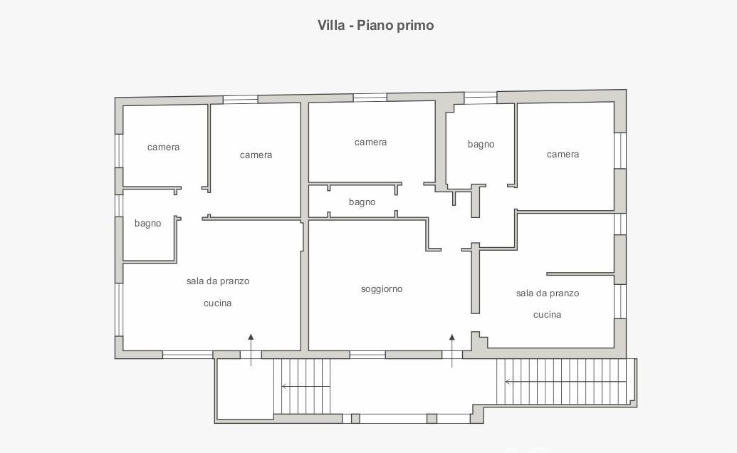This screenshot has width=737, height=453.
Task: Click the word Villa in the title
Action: coord(331,25)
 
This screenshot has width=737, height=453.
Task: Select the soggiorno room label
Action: coord(382,289)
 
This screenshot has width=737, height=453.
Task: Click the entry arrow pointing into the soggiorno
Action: coord(452,350)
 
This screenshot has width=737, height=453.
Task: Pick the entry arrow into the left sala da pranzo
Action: coord(251,350)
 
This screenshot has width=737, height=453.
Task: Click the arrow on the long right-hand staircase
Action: coord(566,382)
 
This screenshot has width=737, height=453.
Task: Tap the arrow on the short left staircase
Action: coord(305,386)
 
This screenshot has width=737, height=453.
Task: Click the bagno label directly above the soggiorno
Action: coord(362,202)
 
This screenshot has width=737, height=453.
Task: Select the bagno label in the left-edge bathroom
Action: coord(147,223)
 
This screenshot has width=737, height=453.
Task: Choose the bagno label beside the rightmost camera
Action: coord(481,145)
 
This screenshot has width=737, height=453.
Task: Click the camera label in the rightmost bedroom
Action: coord(563,154)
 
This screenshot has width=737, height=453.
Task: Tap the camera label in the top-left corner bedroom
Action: coord(163,147)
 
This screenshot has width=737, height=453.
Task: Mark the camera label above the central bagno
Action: coord(370,142)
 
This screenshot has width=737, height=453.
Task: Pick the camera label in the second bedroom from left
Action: coord(256,155)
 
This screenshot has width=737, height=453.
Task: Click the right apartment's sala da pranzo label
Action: coord(548,293)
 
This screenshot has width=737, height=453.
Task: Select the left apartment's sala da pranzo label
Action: coord(218,281)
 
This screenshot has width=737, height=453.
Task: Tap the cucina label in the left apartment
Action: coord(218,303)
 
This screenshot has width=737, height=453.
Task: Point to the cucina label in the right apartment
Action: coord(547,314)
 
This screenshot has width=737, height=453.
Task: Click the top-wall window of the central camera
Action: coord(370,98)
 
